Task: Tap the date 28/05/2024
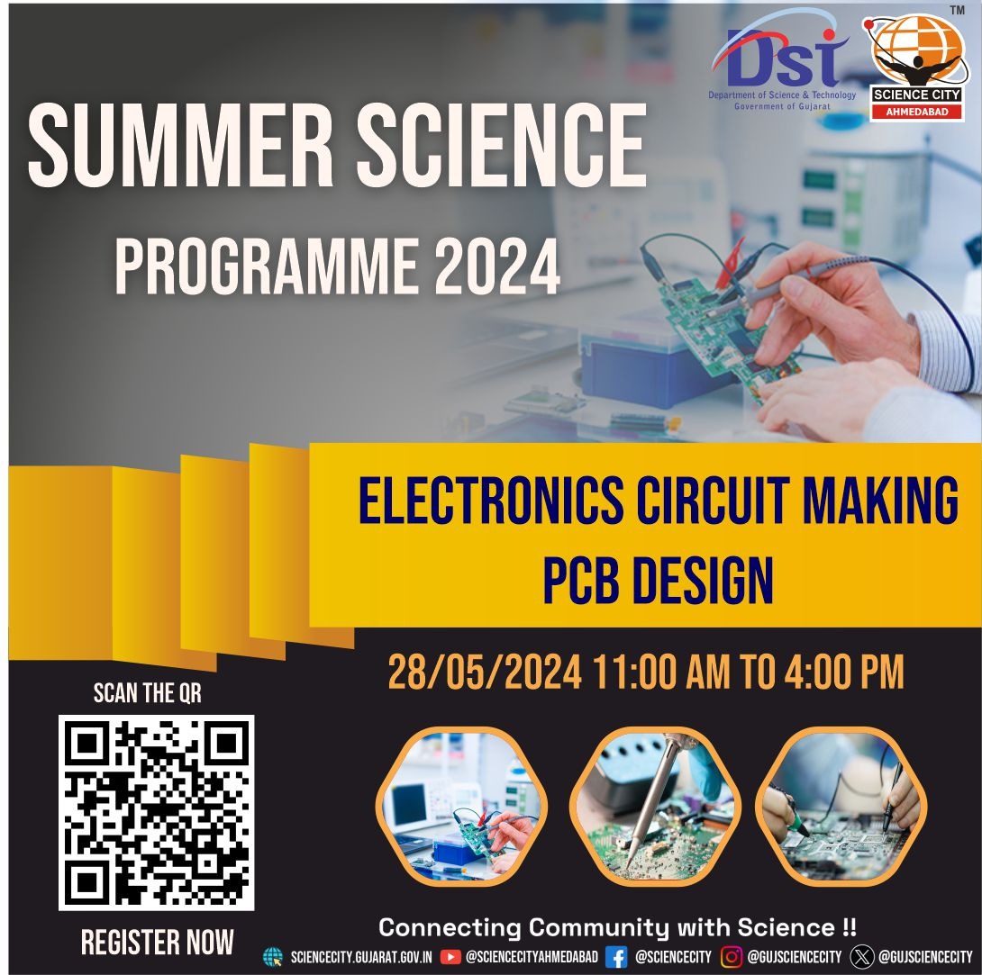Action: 485,673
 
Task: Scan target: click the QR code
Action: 157,813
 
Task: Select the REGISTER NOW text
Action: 157,943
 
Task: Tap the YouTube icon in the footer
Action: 450,957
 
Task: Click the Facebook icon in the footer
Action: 616,957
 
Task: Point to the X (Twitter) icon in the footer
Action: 861,957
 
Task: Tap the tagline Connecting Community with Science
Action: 617,926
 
